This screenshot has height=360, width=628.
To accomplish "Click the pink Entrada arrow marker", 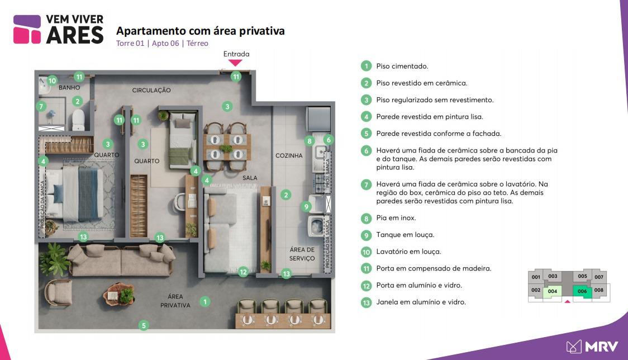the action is pyautogui.click(x=235, y=63).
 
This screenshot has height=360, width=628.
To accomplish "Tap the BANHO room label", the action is pyautogui.click(x=69, y=87).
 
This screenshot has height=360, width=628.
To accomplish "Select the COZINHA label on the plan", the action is pyautogui.click(x=289, y=155).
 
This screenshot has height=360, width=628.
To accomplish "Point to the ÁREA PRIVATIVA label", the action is pyautogui.click(x=175, y=301).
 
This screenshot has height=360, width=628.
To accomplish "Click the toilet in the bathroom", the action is pyautogui.click(x=78, y=120).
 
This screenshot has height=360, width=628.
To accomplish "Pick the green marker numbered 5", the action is pyautogui.click(x=144, y=325).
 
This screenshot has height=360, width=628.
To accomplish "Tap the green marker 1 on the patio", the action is pyautogui.click(x=205, y=301).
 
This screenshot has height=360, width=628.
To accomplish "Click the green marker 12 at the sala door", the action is pyautogui.click(x=243, y=272).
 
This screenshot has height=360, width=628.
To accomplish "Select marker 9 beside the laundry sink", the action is pyautogui.click(x=306, y=206).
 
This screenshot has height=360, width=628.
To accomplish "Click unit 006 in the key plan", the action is pyautogui.click(x=582, y=291).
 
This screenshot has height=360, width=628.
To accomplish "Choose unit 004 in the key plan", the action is pyautogui.click(x=553, y=291).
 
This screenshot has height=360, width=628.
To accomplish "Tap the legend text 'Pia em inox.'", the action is pyautogui.click(x=396, y=218).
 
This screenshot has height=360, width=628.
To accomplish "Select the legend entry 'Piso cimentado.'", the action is pyautogui.click(x=402, y=66).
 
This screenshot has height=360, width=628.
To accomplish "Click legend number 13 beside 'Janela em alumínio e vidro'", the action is pyautogui.click(x=366, y=302).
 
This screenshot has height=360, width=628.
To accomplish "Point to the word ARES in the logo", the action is pyautogui.click(x=75, y=35).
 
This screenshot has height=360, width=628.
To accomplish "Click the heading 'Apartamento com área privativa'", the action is pyautogui.click(x=200, y=31).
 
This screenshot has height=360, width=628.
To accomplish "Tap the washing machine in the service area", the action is pyautogui.click(x=316, y=226).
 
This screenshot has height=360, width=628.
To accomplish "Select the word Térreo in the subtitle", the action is pyautogui.click(x=197, y=43).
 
